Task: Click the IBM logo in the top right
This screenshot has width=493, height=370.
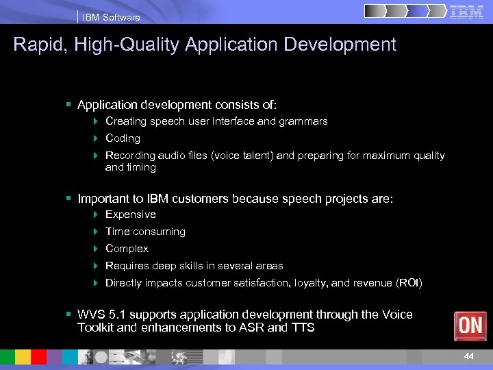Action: (467, 12)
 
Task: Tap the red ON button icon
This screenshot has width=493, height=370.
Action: (470, 325)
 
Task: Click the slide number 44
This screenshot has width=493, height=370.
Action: (468, 356)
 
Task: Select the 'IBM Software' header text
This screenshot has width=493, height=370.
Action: (111, 17)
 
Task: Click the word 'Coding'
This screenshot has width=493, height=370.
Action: (123, 138)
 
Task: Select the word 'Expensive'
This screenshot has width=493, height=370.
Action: (130, 214)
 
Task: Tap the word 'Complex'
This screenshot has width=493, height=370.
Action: (127, 249)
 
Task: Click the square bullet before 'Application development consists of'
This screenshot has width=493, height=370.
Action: (68, 105)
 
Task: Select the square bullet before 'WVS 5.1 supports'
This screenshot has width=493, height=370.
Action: (68, 314)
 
